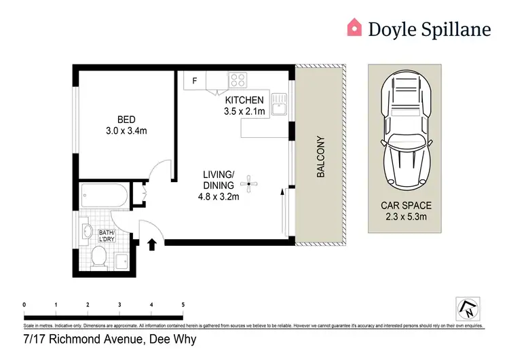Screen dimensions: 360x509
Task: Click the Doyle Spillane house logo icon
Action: pos(354,27)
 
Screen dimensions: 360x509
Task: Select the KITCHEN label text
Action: pos(244,101)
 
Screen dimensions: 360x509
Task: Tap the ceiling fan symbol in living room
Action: pos(250,181)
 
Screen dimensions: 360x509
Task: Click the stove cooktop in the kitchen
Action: pos(238,81)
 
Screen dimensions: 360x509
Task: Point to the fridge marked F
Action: pos(195,81)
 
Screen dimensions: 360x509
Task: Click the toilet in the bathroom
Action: pos(99,256)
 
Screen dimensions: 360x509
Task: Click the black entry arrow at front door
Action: pos(151,243)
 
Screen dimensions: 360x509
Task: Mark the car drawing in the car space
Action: pos(406,132)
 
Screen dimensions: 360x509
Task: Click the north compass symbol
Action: pos(468,308)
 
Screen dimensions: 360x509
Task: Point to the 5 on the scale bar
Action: pos(183,305)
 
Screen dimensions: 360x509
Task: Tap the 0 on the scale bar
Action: pos(24,305)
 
